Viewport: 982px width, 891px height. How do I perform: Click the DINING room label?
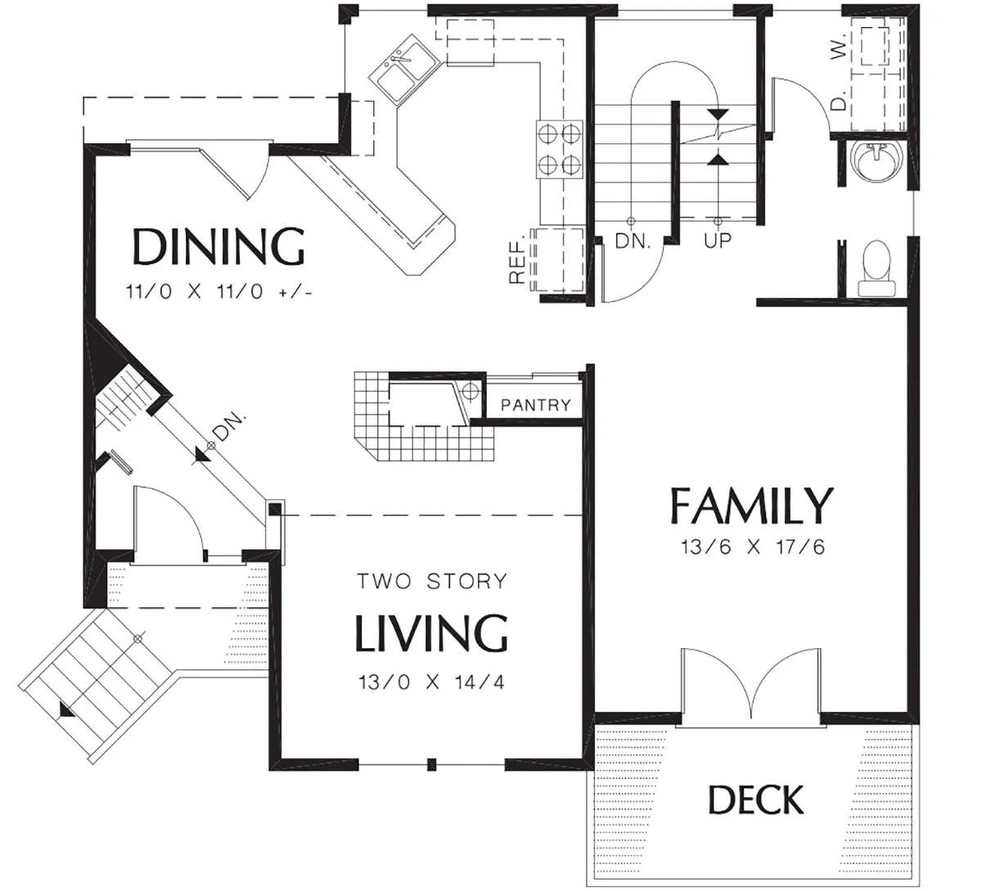[x=218, y=247]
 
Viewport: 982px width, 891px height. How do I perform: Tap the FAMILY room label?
[x=751, y=505]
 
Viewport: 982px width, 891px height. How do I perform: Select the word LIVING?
[x=430, y=633]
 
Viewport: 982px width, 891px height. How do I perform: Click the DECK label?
[x=756, y=799]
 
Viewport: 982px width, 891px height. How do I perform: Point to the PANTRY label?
[x=536, y=405]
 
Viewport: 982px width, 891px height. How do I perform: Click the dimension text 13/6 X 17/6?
[x=753, y=547]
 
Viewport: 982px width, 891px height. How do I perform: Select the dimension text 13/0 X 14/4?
[x=431, y=682]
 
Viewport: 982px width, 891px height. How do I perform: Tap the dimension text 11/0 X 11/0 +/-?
[x=218, y=292]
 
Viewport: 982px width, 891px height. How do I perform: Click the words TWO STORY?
[x=432, y=582]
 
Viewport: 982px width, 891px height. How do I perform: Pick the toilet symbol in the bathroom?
[x=876, y=268]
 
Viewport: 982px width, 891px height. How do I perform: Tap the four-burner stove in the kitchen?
[x=560, y=149]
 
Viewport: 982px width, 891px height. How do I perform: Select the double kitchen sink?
[x=404, y=69]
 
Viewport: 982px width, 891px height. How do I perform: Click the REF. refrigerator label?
[x=517, y=258]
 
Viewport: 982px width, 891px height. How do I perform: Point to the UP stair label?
[x=718, y=240]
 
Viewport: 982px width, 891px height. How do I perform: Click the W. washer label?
[x=838, y=47]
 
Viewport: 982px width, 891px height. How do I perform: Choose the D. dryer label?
[x=838, y=100]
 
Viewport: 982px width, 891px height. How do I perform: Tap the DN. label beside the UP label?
[x=633, y=241]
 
